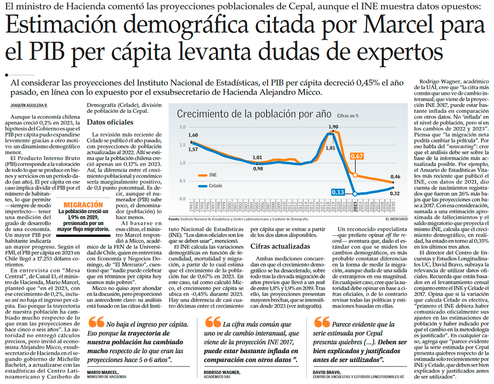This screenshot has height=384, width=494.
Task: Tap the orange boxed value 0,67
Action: pos(357,156)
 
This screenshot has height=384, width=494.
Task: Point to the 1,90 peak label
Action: pos(333,127)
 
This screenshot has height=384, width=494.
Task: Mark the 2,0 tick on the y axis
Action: pos(181,127)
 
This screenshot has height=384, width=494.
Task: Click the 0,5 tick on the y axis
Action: pos(181,181)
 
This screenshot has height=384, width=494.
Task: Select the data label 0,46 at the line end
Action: pos(395,177)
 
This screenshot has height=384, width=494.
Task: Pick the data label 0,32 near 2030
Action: pos(395,194)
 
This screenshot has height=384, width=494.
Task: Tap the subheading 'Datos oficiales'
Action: pos(110,122)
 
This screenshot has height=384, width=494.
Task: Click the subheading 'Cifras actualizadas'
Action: pos(280,246)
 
